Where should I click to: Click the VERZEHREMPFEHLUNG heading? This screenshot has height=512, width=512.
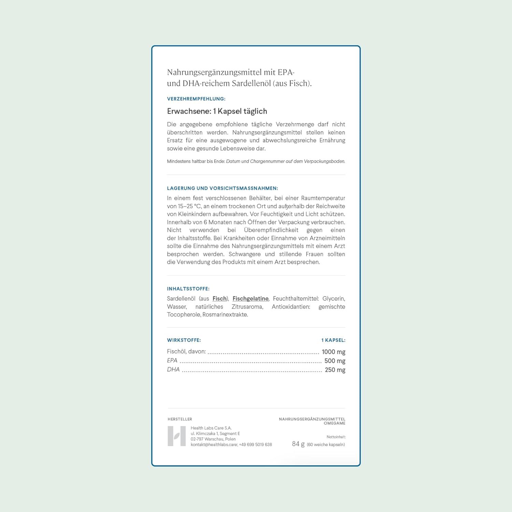196,99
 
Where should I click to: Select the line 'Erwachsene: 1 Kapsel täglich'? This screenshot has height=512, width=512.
217,111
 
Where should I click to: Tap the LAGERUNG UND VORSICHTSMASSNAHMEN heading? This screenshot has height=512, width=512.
223,188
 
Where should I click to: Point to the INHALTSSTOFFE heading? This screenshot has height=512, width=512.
188,289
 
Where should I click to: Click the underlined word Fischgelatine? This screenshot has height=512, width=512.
251,299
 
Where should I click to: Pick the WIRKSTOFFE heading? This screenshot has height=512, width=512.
184,340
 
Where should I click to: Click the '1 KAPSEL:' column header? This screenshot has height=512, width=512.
333,340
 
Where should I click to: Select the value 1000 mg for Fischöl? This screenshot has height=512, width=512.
333,352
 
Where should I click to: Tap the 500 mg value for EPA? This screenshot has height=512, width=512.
335,361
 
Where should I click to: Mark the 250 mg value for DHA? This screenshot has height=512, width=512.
335,370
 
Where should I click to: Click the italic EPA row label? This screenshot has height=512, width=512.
172,360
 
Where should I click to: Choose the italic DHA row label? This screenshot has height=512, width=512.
173,370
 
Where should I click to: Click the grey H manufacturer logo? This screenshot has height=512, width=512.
177,436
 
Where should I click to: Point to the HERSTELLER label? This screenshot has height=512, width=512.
180,419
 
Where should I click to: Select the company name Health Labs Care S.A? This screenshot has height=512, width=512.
211,428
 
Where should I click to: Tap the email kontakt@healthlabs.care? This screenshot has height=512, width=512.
214,445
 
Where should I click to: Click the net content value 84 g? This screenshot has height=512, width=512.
298,444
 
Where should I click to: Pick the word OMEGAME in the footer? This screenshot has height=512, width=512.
335,423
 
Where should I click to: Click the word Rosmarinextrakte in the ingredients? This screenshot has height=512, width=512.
225,315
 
